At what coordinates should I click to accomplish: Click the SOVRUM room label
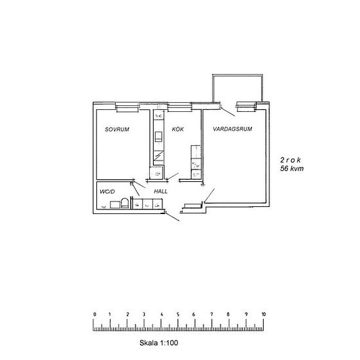tap(117, 129)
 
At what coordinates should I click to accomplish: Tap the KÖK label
tap(177, 129)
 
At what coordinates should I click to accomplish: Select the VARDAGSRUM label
tap(232, 129)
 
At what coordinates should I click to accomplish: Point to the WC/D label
tap(107, 192)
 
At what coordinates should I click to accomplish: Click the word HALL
tap(160, 191)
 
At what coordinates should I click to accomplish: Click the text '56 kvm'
tap(292, 168)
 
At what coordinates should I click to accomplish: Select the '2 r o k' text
tap(290, 160)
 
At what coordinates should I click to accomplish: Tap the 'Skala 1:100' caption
tap(158, 343)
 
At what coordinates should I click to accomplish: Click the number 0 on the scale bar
tap(95, 314)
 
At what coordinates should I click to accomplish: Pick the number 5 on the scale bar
tap(178, 314)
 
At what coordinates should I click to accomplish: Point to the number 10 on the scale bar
tap(263, 314)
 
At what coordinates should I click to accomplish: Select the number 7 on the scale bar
tap(211, 314)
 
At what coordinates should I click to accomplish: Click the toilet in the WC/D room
tap(124, 203)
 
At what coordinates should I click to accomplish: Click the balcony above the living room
tap(238, 88)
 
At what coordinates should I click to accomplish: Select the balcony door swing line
tap(228, 112)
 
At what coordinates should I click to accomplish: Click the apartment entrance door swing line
tap(172, 217)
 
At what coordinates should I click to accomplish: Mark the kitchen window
tap(179, 107)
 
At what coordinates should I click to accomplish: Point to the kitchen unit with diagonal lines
tap(158, 156)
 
